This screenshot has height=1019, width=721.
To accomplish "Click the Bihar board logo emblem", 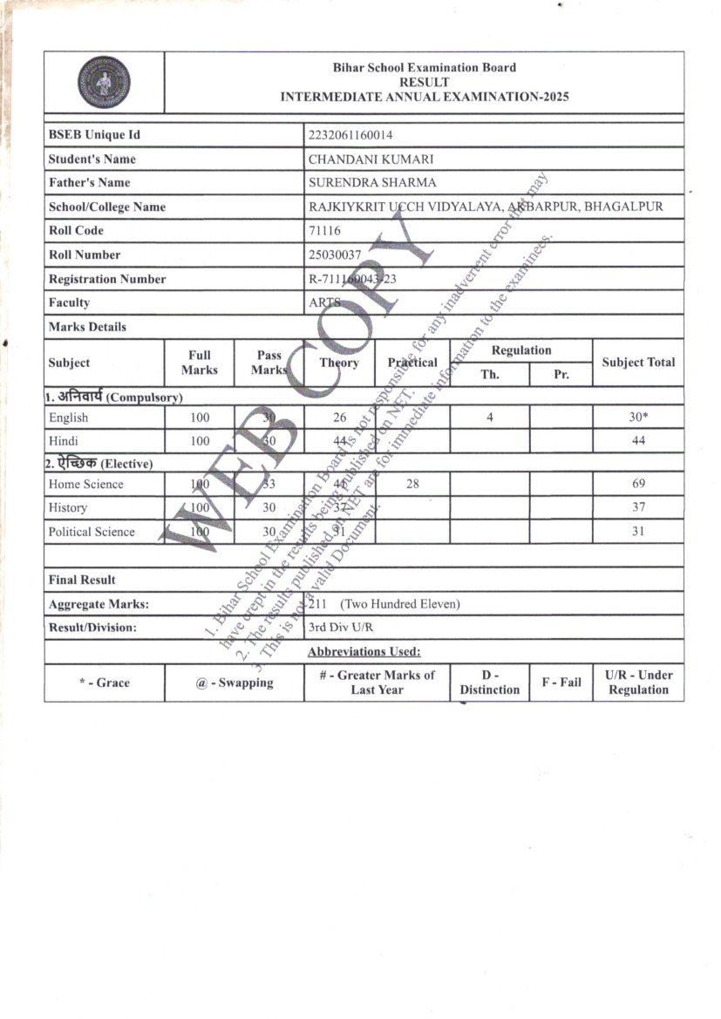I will pyautogui.click(x=104, y=82).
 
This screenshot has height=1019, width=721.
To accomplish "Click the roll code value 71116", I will pyautogui.click(x=325, y=231).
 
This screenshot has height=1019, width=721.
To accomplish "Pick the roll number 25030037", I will pyautogui.click(x=335, y=255).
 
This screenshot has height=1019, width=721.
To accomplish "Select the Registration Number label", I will pyautogui.click(x=107, y=279).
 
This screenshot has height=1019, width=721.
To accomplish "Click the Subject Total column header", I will pyautogui.click(x=638, y=363).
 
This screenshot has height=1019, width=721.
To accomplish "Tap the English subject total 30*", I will pyautogui.click(x=638, y=418).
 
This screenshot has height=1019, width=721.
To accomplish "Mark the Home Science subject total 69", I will pyautogui.click(x=638, y=484).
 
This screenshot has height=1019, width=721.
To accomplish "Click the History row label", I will pyautogui.click(x=68, y=507).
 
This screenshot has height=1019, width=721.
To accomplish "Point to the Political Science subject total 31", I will pyautogui.click(x=638, y=532).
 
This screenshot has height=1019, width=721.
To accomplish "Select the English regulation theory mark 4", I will pyautogui.click(x=490, y=418).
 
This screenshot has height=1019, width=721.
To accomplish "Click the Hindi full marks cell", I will pyautogui.click(x=200, y=441).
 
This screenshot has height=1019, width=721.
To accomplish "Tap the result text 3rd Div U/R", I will pyautogui.click(x=342, y=627).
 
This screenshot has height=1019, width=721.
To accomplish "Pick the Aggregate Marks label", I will pyautogui.click(x=99, y=603).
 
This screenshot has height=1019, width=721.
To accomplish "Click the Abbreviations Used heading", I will pyautogui.click(x=364, y=651).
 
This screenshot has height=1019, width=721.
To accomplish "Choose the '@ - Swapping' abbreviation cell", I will pyautogui.click(x=234, y=683).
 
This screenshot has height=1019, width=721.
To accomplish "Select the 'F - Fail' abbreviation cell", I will pyautogui.click(x=561, y=683).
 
